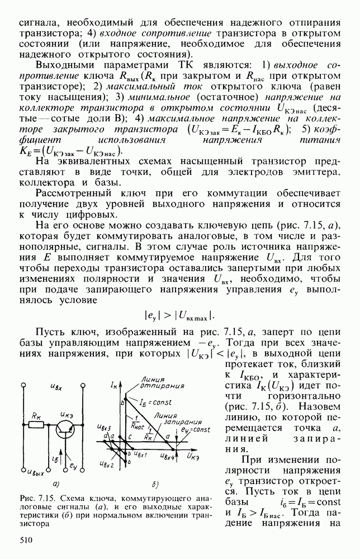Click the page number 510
(26, 539)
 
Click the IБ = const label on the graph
(147, 401)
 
